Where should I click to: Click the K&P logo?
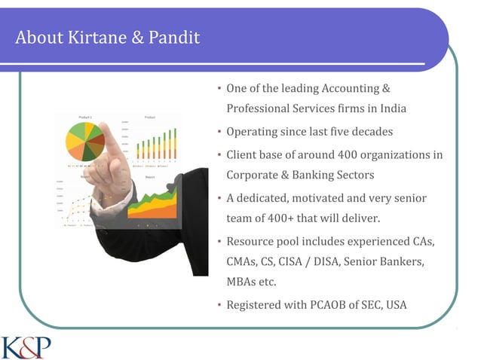tap(26, 347)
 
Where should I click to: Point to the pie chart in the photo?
tap(84, 142)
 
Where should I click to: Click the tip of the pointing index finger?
tap(106, 127)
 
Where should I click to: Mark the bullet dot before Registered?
tap(219, 306)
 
